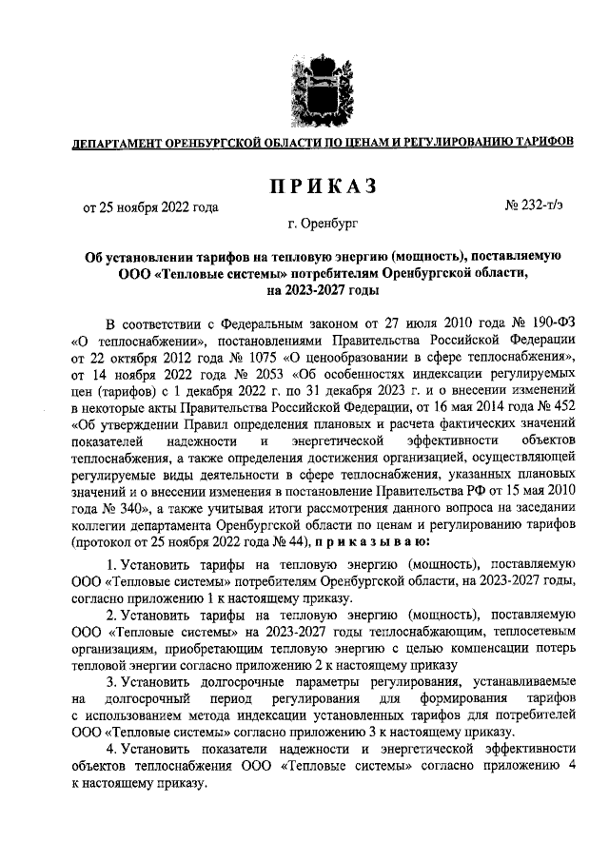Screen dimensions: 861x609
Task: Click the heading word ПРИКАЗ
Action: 304,185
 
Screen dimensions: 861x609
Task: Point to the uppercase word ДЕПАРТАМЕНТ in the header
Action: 111,143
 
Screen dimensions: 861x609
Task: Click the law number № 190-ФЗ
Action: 533,323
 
